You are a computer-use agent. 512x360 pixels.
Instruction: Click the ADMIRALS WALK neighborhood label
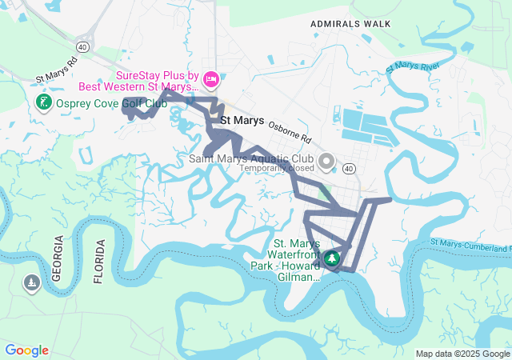(x=350, y=24)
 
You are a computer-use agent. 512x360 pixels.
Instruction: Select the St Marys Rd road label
(x=57, y=71)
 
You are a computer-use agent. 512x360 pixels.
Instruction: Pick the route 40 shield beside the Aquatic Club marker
(x=349, y=169)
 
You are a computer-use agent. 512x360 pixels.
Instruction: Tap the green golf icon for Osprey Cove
(x=44, y=102)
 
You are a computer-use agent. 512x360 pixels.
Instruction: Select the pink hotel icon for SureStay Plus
(x=211, y=78)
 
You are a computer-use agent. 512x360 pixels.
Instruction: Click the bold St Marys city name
(x=242, y=121)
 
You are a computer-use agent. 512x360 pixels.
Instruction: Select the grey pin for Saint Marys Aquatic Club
(x=326, y=162)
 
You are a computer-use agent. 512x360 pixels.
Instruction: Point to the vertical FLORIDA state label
(x=99, y=261)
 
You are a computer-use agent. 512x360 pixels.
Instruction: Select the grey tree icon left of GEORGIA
(x=31, y=284)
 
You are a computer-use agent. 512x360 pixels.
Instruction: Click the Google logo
(x=26, y=350)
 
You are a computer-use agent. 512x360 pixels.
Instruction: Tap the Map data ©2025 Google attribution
(x=462, y=354)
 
